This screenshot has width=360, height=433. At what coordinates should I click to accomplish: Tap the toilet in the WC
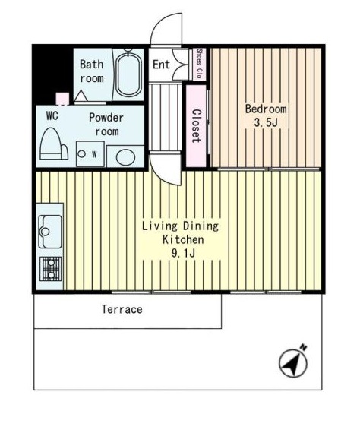point(54,144)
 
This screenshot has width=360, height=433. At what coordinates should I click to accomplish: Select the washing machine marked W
point(90,153)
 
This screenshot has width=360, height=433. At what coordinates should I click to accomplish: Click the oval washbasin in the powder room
point(125,157)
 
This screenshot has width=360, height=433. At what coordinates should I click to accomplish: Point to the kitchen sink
point(50,232)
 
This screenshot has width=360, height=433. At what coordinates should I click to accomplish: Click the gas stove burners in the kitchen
point(51,269)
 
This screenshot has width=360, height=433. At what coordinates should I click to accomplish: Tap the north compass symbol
point(293,362)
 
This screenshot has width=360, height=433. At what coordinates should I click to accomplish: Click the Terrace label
point(122,309)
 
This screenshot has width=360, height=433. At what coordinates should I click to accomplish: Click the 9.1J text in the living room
point(183,253)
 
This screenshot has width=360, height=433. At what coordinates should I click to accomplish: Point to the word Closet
point(196,126)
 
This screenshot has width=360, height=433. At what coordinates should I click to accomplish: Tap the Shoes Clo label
point(199,64)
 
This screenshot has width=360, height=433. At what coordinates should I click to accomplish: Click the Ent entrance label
point(161,65)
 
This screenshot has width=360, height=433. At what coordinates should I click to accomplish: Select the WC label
point(52,115)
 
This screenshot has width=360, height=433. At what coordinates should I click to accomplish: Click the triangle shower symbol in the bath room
point(81,96)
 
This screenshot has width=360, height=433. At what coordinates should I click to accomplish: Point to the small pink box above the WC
point(62,99)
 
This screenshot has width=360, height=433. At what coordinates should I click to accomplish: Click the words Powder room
point(106,125)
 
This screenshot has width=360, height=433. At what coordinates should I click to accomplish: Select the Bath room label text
point(92,71)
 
